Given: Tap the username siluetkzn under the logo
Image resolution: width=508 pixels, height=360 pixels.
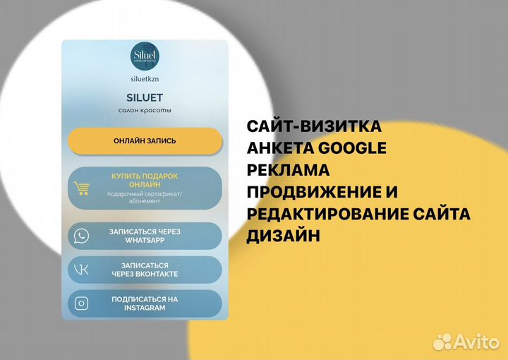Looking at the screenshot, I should coord(145,80).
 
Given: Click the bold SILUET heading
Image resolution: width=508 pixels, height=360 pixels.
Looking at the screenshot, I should coord(145,97).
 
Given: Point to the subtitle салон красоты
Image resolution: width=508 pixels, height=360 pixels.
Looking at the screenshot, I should coord(145,111).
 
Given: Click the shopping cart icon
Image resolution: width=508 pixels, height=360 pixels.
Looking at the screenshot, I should coord(82,188).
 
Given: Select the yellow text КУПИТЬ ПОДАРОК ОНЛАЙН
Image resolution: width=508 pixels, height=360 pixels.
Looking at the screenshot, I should coord(145,179).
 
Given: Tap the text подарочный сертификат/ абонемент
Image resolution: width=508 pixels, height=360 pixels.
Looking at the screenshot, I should coord(145,197).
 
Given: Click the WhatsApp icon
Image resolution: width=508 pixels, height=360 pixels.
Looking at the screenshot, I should coord(82,236).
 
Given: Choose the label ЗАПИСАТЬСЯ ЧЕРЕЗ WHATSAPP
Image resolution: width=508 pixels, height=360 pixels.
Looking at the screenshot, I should coord(145,236).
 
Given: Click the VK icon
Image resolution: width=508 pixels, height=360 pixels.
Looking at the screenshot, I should coord(82,270).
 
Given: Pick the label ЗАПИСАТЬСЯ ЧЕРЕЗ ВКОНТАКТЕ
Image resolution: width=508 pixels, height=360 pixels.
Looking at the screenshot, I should coord(145,270).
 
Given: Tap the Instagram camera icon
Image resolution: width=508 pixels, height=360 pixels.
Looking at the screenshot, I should coord(82,304).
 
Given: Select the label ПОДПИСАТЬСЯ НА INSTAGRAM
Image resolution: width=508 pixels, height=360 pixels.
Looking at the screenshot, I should coord(145,304).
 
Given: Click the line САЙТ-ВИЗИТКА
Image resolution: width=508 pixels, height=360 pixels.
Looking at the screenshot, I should coord(314,127).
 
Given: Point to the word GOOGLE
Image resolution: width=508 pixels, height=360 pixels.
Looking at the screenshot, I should coord(353,148).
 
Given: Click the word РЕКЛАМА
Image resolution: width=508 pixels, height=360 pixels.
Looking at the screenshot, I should coord(288,170).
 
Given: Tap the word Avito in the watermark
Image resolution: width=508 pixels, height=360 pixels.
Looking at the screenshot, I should coord(476,342).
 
